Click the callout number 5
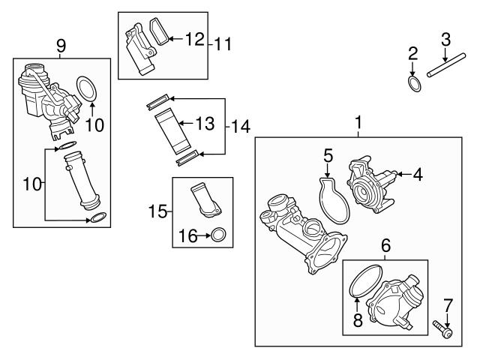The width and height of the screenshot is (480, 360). [x=328, y=155]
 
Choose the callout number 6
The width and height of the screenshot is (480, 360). [x=385, y=245]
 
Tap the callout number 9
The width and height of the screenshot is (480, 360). [x=61, y=47]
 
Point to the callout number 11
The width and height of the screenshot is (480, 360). [x=220, y=43]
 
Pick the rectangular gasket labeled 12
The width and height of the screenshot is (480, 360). [x=160, y=30]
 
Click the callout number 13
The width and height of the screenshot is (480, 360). [x=205, y=123]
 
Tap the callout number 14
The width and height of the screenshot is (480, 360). [x=241, y=127]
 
